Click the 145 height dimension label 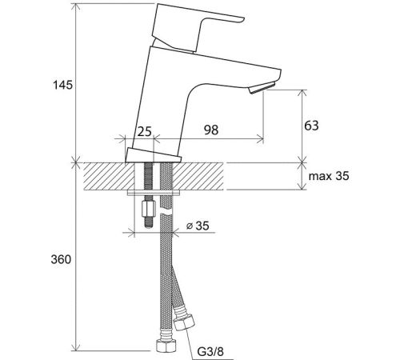[x=63, y=85]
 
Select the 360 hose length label [x=61, y=259]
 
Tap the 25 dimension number [x=144, y=131]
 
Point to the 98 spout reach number [x=211, y=130]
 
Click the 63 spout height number [x=311, y=126]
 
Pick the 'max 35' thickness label [x=329, y=176]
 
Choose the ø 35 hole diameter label [x=198, y=226]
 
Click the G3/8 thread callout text [x=210, y=352]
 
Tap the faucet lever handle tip [x=242, y=19]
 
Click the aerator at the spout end [x=262, y=88]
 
